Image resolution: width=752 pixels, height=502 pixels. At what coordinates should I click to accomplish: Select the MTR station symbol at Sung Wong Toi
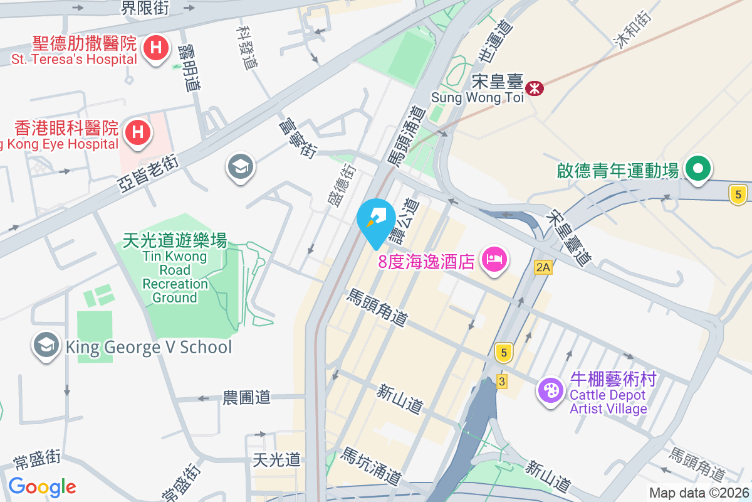pos(535,88)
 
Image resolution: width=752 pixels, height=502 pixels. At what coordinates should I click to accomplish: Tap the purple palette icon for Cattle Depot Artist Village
pos(551,391)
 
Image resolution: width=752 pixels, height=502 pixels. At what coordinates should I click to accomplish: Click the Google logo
pos(42,487)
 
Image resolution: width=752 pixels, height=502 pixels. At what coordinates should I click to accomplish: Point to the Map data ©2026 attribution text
pos(699,493)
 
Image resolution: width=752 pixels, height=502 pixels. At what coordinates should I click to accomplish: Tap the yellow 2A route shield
pos(543,268)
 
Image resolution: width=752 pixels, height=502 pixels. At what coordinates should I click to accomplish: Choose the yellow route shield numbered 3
pos(501,381)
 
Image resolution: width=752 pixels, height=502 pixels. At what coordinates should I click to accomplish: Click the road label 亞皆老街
pos(148,174)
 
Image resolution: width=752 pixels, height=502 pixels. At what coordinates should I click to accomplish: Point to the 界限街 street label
pos(145,8)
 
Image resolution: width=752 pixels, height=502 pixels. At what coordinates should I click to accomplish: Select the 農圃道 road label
pos(247,397)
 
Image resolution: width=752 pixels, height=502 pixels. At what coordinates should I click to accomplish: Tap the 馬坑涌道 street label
pos(370,466)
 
